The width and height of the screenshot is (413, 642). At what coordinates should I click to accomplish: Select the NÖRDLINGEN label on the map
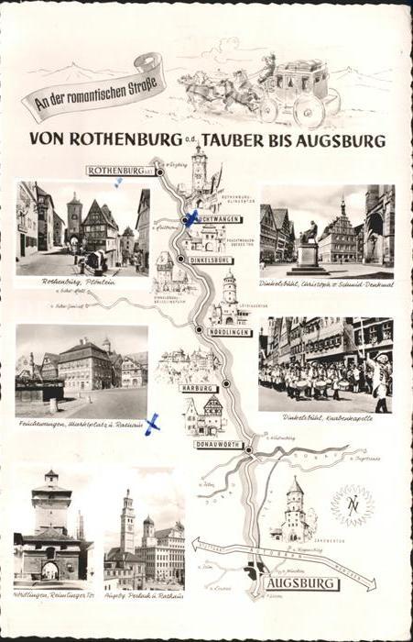pyautogui.click(x=228, y=332)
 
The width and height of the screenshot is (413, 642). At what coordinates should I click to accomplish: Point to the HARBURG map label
pyautogui.click(x=199, y=388)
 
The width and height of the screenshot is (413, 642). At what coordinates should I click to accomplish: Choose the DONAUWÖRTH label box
pyautogui.click(x=219, y=444)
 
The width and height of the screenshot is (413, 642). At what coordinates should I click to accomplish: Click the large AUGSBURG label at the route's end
pyautogui.click(x=302, y=583)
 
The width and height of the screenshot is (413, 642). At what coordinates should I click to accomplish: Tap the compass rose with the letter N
pyautogui.click(x=353, y=505)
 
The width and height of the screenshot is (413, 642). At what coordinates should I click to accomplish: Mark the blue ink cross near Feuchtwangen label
pyautogui.click(x=191, y=218)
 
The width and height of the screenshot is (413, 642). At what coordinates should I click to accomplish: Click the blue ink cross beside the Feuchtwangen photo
pyautogui.click(x=152, y=423)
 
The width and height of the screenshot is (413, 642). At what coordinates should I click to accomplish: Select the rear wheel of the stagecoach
pyautogui.click(x=310, y=110)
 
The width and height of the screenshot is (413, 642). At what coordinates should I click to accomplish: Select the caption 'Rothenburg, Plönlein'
pyautogui.click(x=79, y=282)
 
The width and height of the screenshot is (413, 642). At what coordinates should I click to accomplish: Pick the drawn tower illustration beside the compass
pyautogui.click(x=294, y=512)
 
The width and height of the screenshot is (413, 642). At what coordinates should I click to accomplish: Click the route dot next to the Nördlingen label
pyautogui.click(x=199, y=328)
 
